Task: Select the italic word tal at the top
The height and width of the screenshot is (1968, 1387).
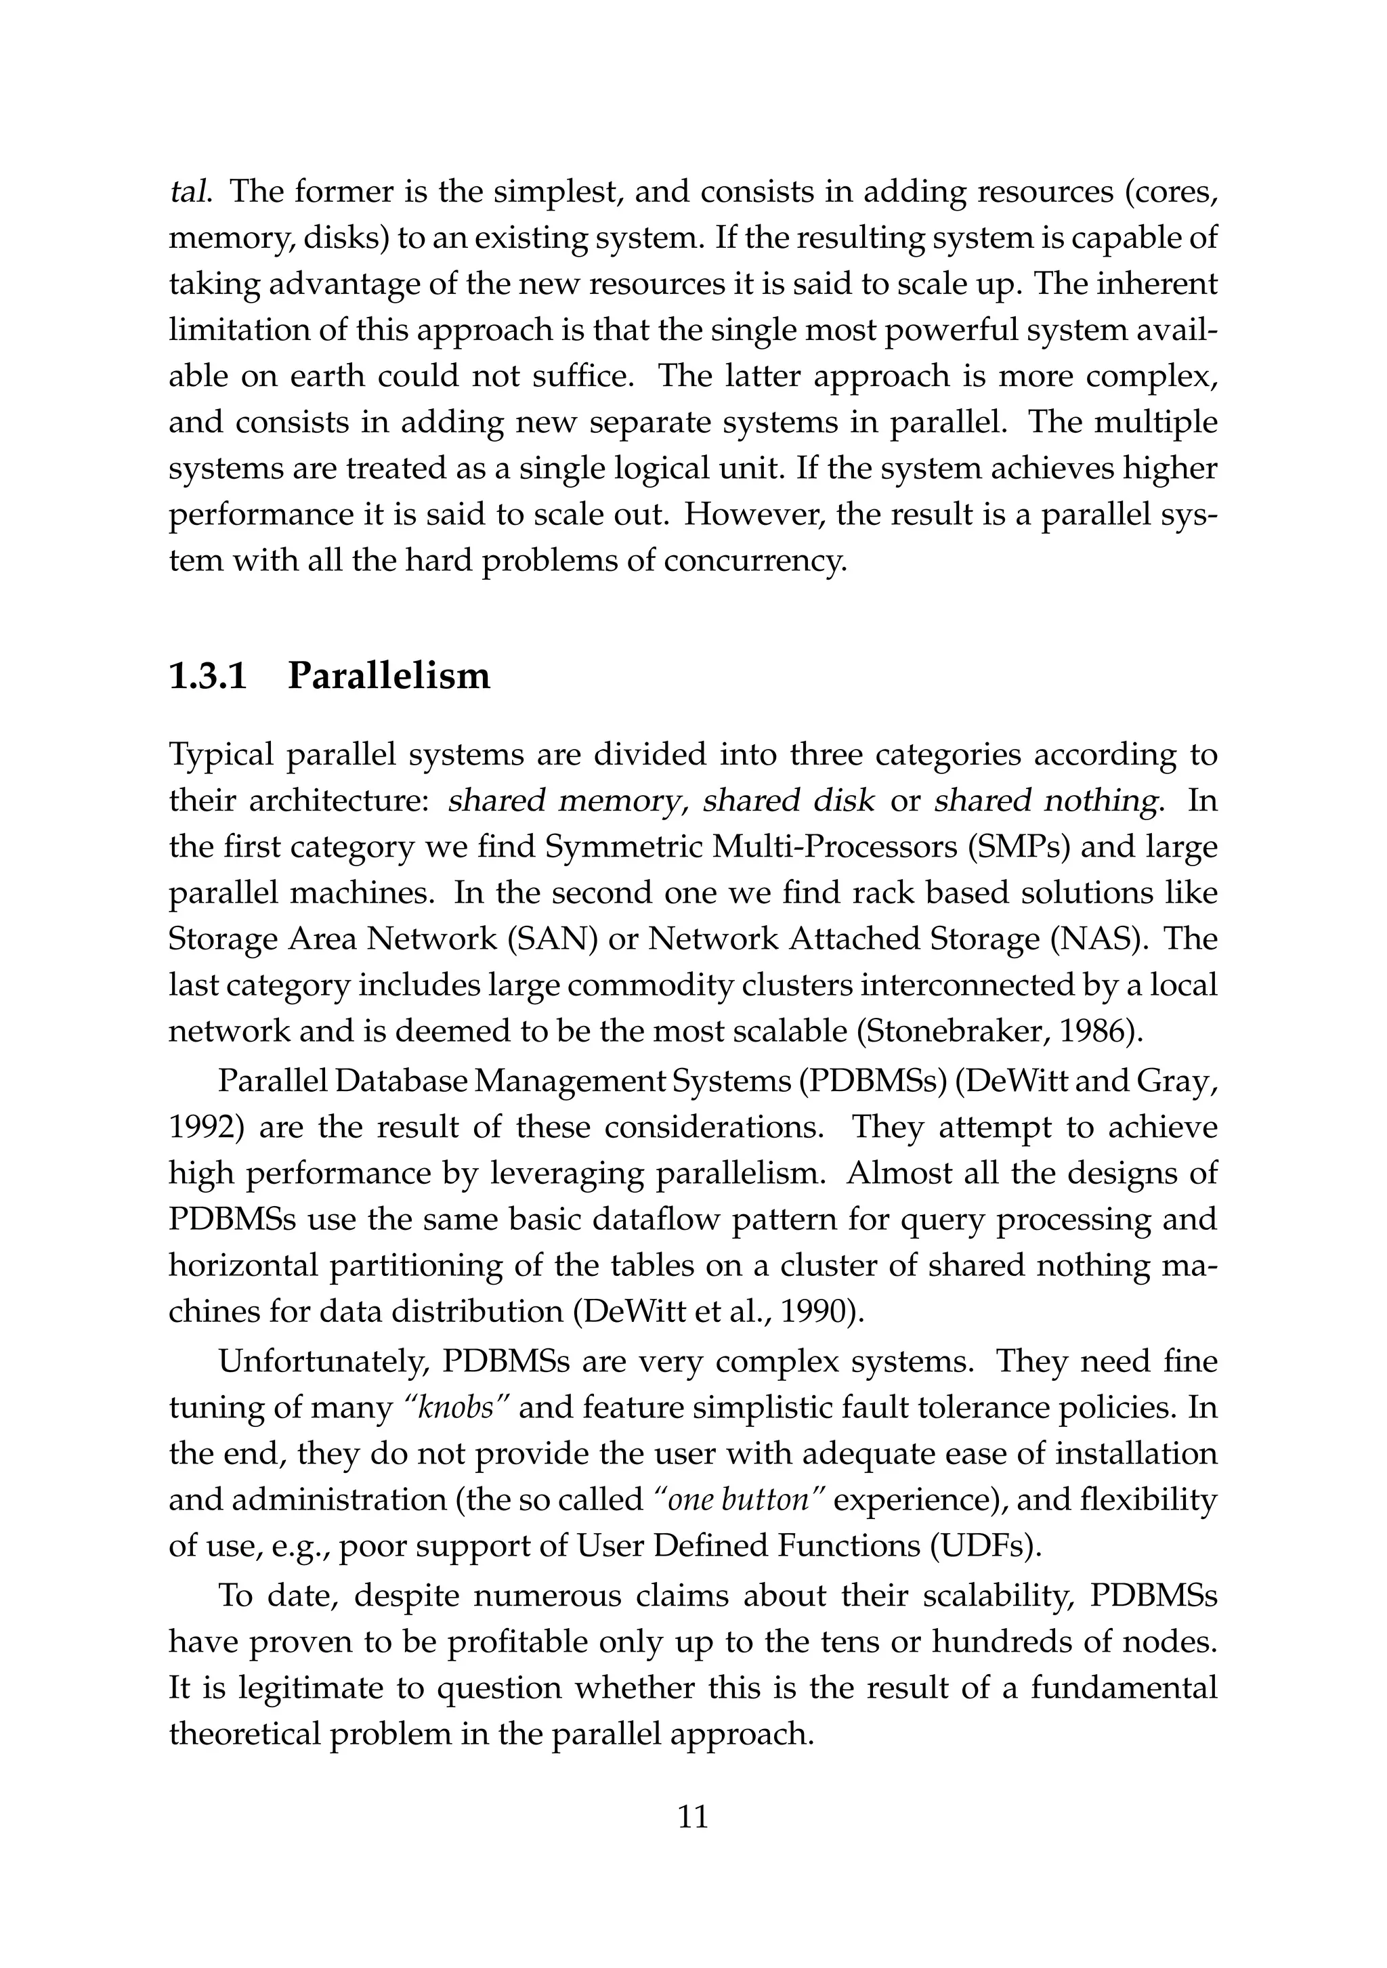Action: [x=188, y=191]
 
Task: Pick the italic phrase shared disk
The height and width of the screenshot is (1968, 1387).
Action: [x=788, y=801]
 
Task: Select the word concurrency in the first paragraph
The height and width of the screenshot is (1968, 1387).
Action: [x=755, y=561]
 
